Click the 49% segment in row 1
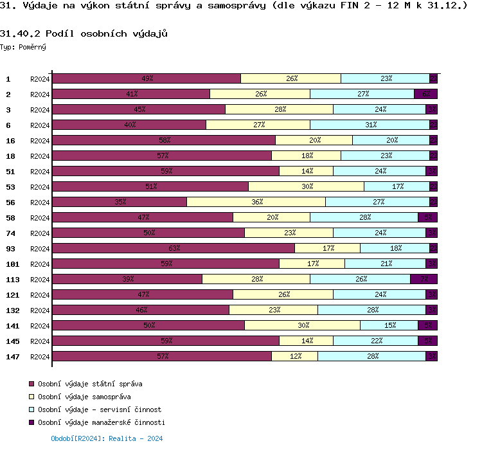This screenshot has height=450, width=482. coord(147,78)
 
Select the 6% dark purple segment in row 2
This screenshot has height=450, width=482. coord(425,94)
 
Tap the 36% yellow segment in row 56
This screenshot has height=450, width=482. coord(256,202)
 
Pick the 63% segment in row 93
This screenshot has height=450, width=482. coord(174,248)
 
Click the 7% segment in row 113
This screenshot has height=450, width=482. coord(424,279)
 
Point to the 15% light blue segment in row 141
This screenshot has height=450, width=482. coord(389,325)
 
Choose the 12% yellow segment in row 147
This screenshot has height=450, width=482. coord(294,356)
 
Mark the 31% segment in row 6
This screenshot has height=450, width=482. coord(370,125)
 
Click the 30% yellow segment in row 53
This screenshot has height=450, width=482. coord(306,186)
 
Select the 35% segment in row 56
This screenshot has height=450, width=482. coord(120,202)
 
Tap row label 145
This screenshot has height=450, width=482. coord(13,341)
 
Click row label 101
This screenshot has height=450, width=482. coord(13,264)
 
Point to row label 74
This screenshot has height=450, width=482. coord(11,233)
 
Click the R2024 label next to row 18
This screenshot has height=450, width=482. coord(40,156)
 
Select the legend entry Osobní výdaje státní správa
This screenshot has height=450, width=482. coord(90,384)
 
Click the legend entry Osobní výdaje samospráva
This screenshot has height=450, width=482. coord(84,397)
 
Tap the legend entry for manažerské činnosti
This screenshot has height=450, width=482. coord(101,422)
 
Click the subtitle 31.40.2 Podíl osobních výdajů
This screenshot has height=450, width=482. coord(84,33)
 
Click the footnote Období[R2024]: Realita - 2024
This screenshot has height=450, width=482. coord(107,438)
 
